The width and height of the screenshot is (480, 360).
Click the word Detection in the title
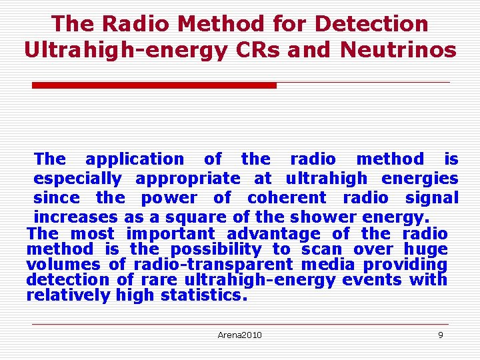pyautogui.click(x=371, y=24)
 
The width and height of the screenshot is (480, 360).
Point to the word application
pyautogui.click(x=135, y=159)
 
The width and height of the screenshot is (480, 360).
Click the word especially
pyautogui.click(x=77, y=179)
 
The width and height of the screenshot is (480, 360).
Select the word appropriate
pyautogui.click(x=187, y=179)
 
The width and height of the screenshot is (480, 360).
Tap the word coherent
pyautogui.click(x=287, y=198)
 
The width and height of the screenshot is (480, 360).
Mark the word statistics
pyautogui.click(x=204, y=295)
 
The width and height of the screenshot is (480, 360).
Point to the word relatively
pyautogui.click(x=68, y=295)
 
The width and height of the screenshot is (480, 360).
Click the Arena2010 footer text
pyautogui.click(x=239, y=335)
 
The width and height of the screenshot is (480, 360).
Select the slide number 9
pyautogui.click(x=440, y=335)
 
